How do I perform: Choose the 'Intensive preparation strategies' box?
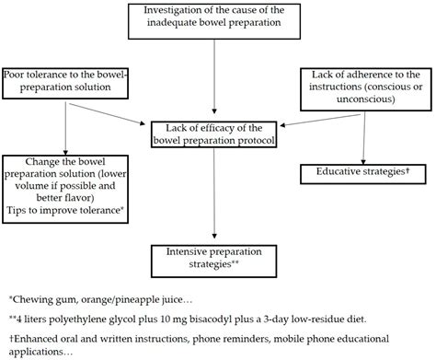tap(214, 254)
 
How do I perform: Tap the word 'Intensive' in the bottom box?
tap(178, 249)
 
